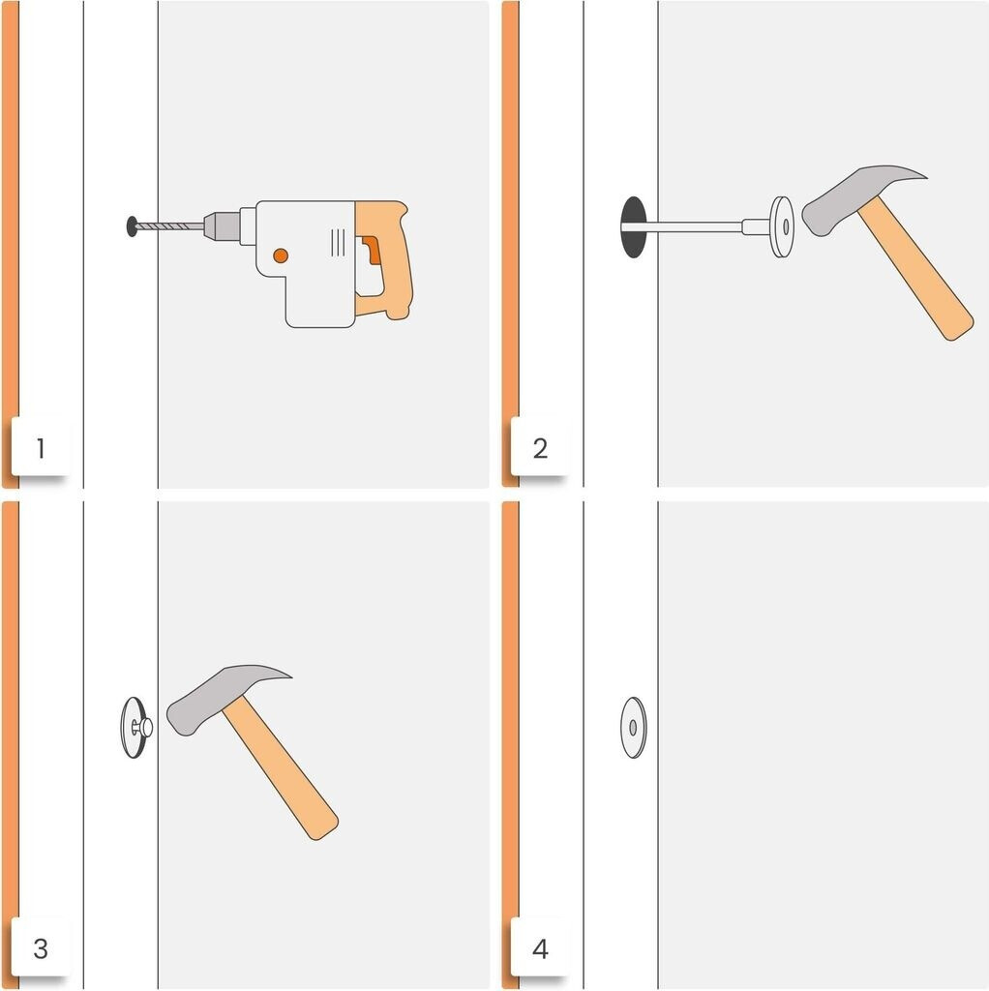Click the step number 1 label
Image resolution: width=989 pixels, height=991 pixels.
pyautogui.click(x=41, y=448)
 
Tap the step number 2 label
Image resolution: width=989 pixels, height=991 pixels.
pyautogui.click(x=540, y=448)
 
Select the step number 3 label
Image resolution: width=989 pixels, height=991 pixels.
pyautogui.click(x=41, y=948)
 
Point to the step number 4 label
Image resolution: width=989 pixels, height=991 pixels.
pyautogui.click(x=540, y=948)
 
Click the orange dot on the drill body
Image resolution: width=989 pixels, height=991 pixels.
pyautogui.click(x=281, y=255)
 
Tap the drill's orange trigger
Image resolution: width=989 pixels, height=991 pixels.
pyautogui.click(x=372, y=250)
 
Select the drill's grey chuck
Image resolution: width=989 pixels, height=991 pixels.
pyautogui.click(x=222, y=225)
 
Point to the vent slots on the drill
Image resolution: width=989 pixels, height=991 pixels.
pyautogui.click(x=338, y=243)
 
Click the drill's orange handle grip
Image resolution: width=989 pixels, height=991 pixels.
pyautogui.click(x=385, y=259)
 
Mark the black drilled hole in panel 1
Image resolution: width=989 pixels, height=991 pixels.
pyautogui.click(x=132, y=225)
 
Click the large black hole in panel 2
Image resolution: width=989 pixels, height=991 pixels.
pyautogui.click(x=634, y=227)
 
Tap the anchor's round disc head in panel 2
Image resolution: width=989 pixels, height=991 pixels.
pyautogui.click(x=782, y=226)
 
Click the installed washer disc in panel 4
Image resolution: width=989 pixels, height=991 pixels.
pyautogui.click(x=633, y=728)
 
